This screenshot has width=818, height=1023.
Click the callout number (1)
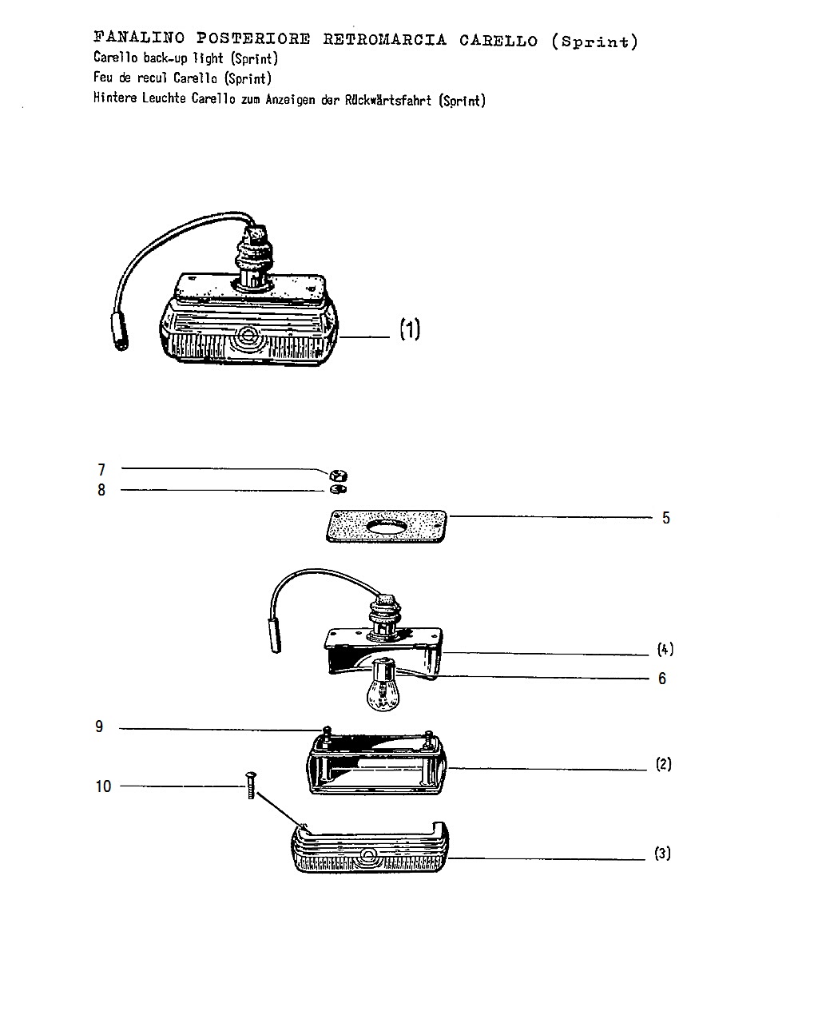click(x=410, y=329)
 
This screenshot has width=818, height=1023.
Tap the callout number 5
click(x=666, y=518)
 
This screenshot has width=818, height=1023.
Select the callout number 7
click(x=101, y=470)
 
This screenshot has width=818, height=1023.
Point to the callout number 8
click(x=101, y=490)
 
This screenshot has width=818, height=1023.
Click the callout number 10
click(x=103, y=786)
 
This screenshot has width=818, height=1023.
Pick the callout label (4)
click(x=665, y=649)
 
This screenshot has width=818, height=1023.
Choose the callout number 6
click(x=662, y=679)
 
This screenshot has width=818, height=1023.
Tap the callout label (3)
click(x=662, y=854)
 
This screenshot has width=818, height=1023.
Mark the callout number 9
click(x=99, y=726)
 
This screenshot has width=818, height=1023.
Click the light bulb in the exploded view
click(x=383, y=686)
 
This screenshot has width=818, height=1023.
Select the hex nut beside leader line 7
click(x=339, y=475)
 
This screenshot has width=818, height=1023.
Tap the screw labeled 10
click(x=251, y=786)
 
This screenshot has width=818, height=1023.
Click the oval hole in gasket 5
click(x=387, y=526)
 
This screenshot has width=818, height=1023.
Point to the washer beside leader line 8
click(x=339, y=489)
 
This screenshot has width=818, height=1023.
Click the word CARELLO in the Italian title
click(x=498, y=41)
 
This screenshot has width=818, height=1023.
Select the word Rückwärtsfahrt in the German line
click(x=388, y=100)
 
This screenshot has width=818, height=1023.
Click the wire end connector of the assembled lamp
click(x=120, y=332)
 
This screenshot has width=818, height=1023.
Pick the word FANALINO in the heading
click(x=139, y=37)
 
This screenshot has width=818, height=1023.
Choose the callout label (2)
click(x=664, y=764)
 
